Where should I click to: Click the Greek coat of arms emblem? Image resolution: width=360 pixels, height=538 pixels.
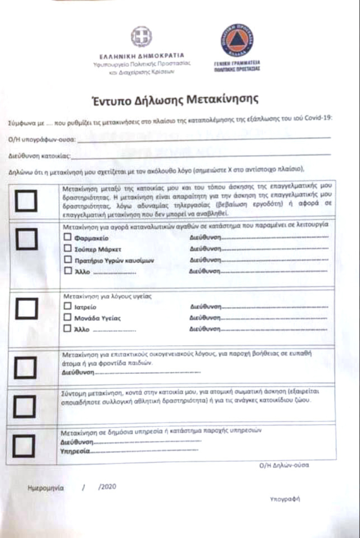point(142,37)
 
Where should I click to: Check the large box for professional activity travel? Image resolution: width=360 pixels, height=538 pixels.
point(26,201)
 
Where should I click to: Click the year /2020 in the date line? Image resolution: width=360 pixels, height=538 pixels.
point(108,487)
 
